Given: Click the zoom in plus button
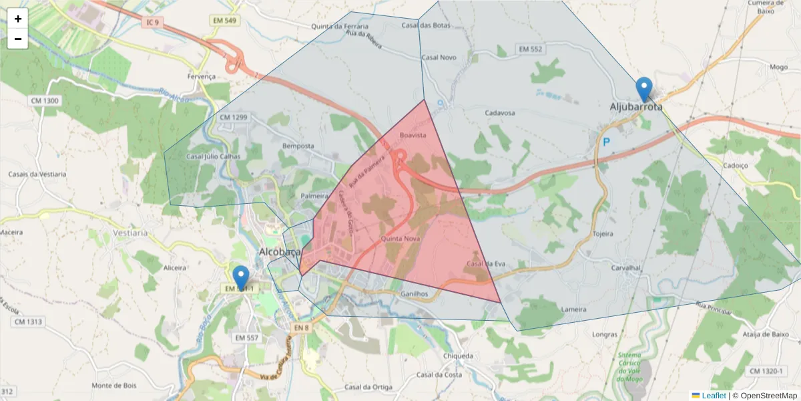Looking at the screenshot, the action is coord(18,19).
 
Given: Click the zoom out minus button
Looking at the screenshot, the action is coord(18,39).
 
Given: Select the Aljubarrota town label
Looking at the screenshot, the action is coord(635,107).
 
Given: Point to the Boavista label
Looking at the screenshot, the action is coord(413,135).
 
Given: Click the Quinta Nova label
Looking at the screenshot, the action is coord(400,239).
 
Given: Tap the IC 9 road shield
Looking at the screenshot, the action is coord(153,23).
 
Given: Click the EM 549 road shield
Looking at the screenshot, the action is coord(225,21).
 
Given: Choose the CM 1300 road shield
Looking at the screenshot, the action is coord(45,101).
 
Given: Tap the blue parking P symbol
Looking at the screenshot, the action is coord(606,142).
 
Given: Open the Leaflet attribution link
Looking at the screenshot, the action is coord(713,396).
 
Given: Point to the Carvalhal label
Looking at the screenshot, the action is coord(625,267).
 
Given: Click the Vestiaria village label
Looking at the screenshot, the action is coord(130,233).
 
